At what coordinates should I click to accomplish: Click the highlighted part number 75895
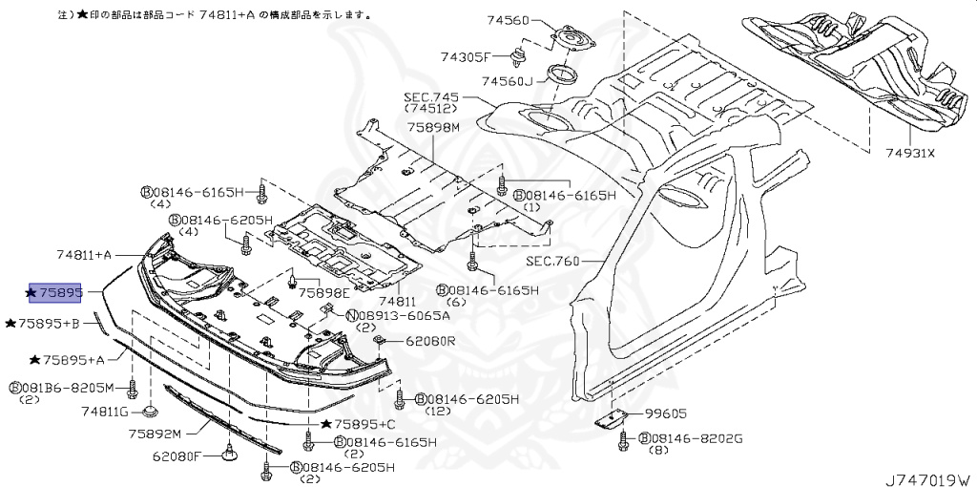point(54,291)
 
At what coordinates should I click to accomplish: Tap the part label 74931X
point(910,152)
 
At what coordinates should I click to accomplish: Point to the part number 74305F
point(466,56)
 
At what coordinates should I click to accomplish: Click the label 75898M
point(433,128)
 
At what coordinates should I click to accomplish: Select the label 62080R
point(430,341)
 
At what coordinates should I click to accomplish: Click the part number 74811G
point(104,412)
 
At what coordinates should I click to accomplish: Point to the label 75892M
point(155,434)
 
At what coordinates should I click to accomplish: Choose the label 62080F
point(177,456)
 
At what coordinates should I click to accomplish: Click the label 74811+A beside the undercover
point(84,255)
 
